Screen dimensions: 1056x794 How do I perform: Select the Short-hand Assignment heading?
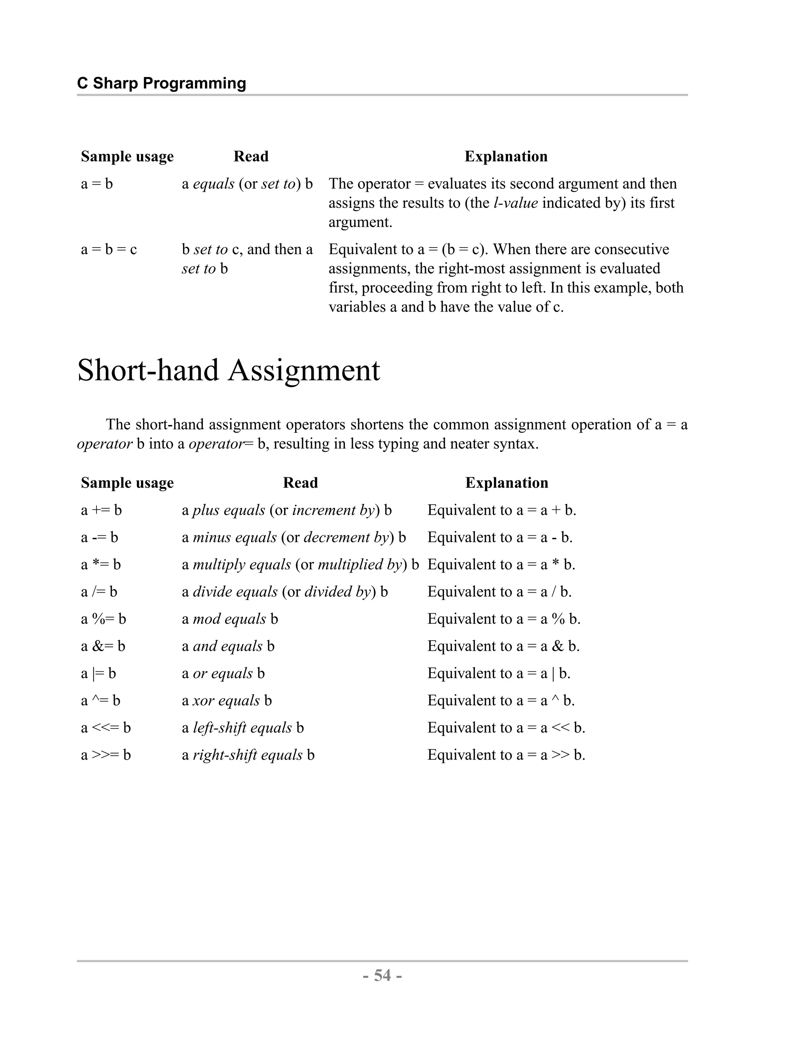228,370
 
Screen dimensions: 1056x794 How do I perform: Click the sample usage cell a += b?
101,510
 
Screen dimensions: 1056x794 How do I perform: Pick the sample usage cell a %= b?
103,619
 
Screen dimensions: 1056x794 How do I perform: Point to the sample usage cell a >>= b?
105,755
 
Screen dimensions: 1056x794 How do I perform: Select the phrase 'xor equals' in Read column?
226,701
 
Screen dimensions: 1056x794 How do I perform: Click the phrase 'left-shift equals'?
242,728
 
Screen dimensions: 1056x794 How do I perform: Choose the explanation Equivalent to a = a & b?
503,647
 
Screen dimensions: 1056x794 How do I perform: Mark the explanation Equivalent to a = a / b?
499,592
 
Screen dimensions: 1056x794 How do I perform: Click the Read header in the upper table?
251,157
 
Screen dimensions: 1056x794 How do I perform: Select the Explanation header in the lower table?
506,483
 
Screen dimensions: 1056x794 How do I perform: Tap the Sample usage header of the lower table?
127,483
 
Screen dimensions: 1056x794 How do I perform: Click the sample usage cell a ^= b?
100,701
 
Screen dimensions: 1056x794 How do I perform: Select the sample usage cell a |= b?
98,674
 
